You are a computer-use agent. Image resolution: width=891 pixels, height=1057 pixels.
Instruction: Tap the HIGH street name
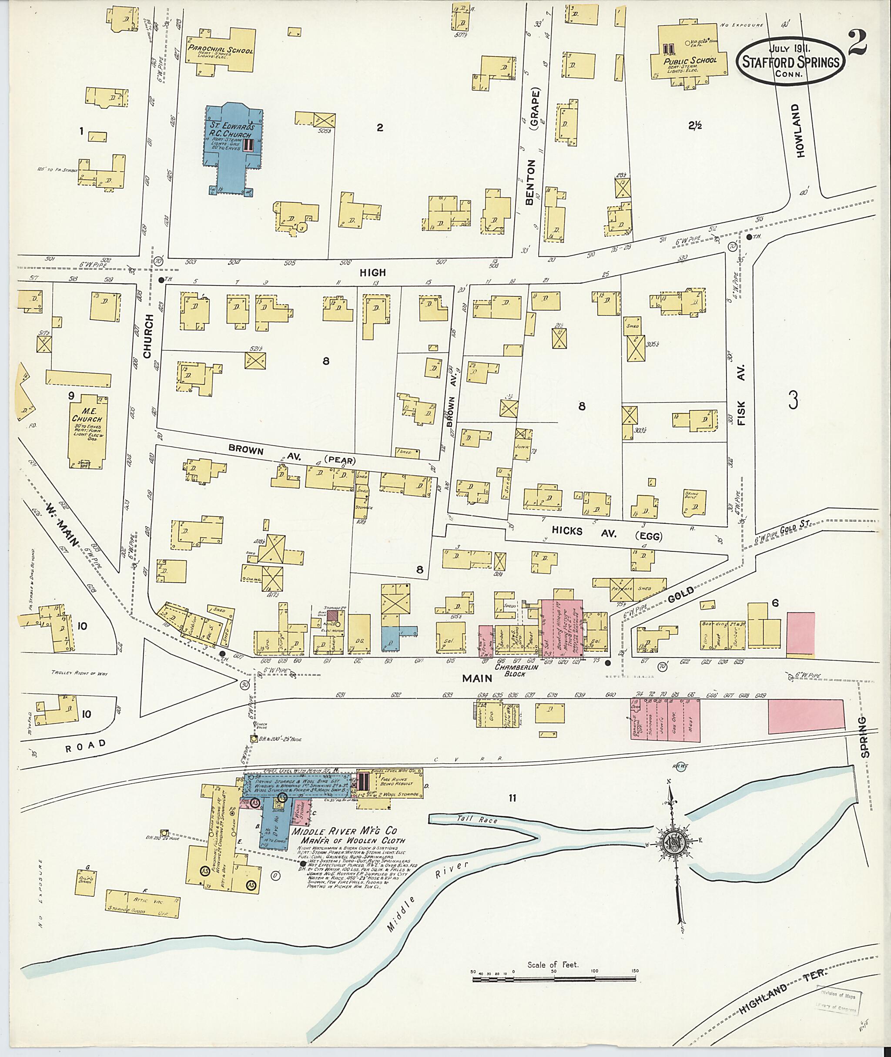pos(372,272)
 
